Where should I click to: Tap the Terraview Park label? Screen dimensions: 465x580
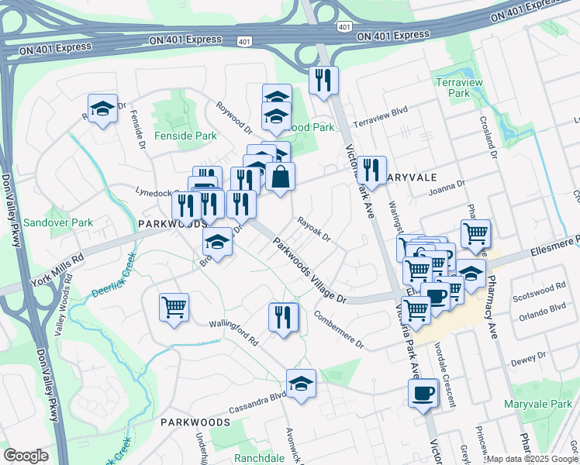[x=470, y=88]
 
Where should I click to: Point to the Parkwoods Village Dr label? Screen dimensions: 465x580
[x=309, y=269]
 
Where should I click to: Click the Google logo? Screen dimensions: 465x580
[x=26, y=456]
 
